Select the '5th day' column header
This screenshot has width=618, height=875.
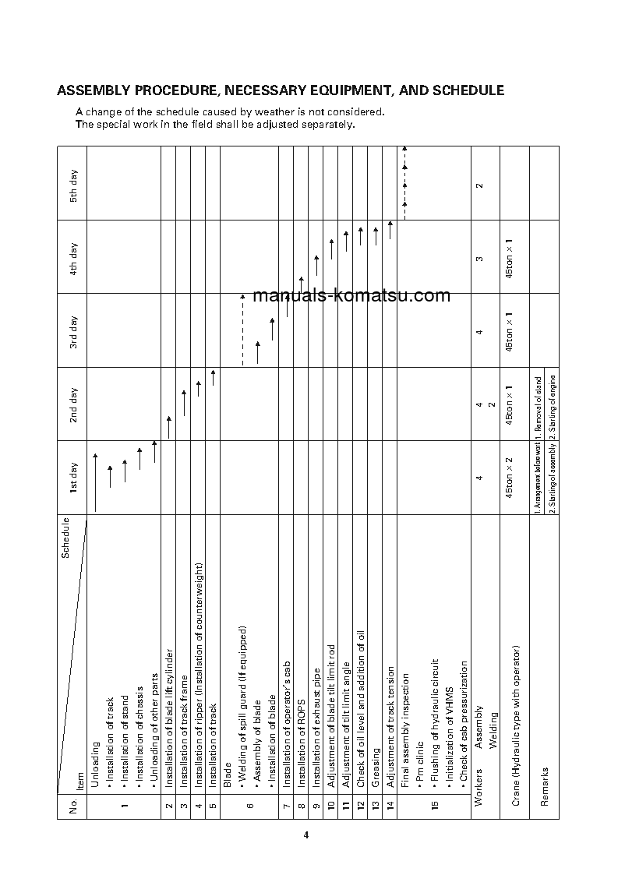pyautogui.click(x=72, y=185)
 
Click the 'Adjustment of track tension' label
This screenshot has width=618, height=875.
pyautogui.click(x=390, y=714)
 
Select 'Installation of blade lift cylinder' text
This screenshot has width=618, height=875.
pyautogui.click(x=169, y=705)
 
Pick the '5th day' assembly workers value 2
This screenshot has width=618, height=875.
pyautogui.click(x=479, y=185)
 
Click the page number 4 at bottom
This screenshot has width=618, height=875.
pyautogui.click(x=306, y=835)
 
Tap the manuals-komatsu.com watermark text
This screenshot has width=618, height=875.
pyautogui.click(x=342, y=295)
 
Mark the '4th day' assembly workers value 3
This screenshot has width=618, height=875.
pyautogui.click(x=479, y=258)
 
